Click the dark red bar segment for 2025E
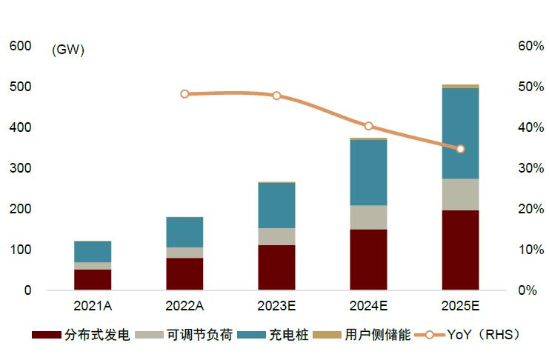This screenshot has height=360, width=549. pos(460,250)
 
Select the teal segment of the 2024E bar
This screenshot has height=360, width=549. pos(368,172)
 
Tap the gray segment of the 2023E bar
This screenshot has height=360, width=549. pos(276,236)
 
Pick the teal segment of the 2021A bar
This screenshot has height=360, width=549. pos(93,251)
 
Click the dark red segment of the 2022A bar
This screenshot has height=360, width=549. pos(184,273)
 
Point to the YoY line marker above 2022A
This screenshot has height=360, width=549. pos(184,94)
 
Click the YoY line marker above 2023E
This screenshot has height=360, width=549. pos(276,96)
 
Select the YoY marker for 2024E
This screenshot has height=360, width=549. pos(368,126)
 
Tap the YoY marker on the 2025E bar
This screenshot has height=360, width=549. pos(460,149)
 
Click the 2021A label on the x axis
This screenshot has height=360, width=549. pos(93,305)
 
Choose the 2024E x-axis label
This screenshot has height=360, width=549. pos(368,305)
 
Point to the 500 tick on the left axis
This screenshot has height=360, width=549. pos(20,87)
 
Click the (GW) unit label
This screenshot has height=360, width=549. pos(68,50)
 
